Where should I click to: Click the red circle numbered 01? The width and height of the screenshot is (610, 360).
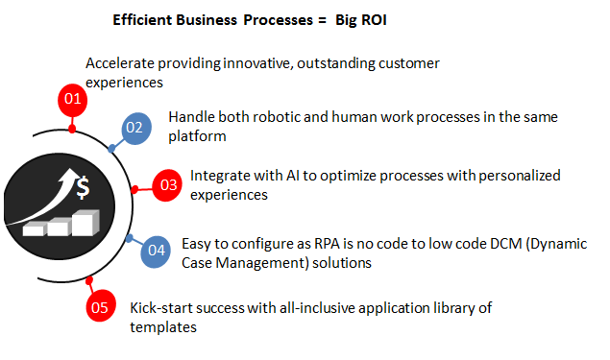click(x=70, y=98)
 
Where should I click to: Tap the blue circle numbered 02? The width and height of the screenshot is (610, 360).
click(x=135, y=127)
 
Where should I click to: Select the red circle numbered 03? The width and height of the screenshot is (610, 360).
click(x=169, y=184)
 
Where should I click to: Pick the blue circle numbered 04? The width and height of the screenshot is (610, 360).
click(x=156, y=252)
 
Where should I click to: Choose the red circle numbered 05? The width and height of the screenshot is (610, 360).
click(x=99, y=308)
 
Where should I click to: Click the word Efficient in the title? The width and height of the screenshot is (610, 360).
click(x=145, y=18)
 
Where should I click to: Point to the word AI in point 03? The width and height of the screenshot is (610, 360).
click(x=312, y=176)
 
